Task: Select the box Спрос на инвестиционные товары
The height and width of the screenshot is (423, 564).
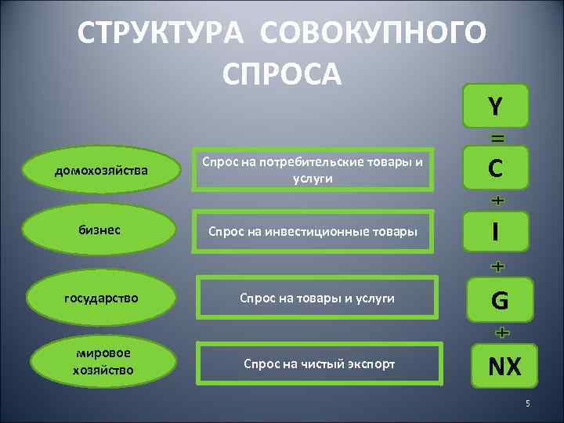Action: coord(313,231)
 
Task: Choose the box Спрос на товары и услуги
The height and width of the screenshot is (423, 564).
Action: coord(316,298)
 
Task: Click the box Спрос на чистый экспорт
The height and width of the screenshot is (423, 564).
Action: coord(319,363)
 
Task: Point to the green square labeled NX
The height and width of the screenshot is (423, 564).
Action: coord(504,365)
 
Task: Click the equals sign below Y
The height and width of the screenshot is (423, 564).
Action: coord(497,138)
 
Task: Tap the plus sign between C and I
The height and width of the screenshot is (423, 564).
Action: coord(497,201)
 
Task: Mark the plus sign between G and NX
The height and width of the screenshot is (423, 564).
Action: coord(501,333)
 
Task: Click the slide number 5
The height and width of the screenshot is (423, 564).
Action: coord(527,403)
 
